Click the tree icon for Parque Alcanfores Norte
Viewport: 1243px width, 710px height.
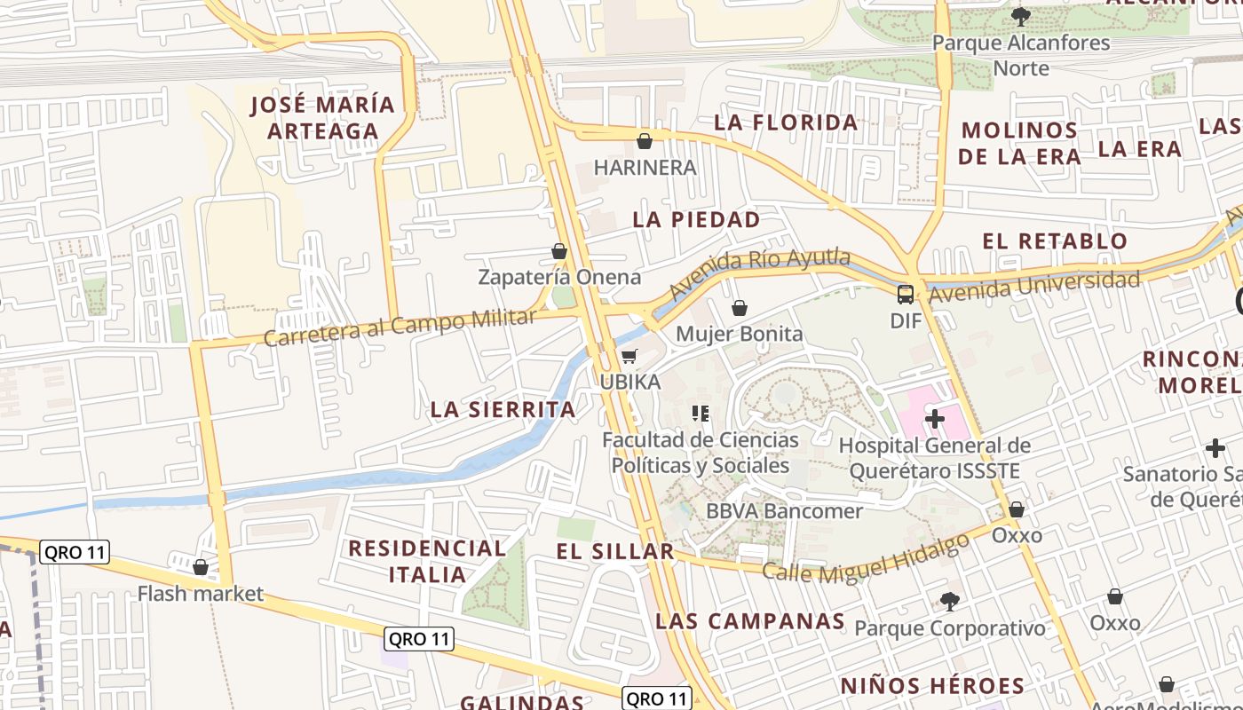pyautogui.click(x=1021, y=16)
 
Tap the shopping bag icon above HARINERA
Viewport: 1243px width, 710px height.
pyautogui.click(x=645, y=141)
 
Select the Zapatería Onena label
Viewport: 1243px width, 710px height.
pyautogui.click(x=559, y=277)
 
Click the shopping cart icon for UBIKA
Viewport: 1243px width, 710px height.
pyautogui.click(x=629, y=357)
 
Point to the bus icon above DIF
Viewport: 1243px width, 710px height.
pyautogui.click(x=906, y=295)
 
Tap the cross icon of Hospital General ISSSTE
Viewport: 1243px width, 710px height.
pyautogui.click(x=935, y=418)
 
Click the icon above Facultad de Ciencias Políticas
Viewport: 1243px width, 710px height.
pyautogui.click(x=701, y=414)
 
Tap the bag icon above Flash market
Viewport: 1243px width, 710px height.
pyautogui.click(x=201, y=567)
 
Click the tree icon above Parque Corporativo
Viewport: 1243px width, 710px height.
pyautogui.click(x=950, y=602)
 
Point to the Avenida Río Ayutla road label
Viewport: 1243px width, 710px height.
pyautogui.click(x=759, y=273)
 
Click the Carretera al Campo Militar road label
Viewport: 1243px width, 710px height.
pyautogui.click(x=400, y=327)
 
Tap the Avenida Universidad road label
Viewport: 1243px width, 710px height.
pyautogui.click(x=1034, y=287)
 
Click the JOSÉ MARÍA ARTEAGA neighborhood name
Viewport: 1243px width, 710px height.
pyautogui.click(x=323, y=118)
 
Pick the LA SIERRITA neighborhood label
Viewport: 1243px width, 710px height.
pyautogui.click(x=503, y=409)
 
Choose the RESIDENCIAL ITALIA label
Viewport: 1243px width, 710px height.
pyautogui.click(x=427, y=561)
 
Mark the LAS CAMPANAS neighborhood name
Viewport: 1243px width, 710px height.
pyautogui.click(x=750, y=621)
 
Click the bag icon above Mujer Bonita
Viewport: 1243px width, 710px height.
pyautogui.click(x=739, y=308)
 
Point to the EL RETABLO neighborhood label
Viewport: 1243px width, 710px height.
pyautogui.click(x=1055, y=241)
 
